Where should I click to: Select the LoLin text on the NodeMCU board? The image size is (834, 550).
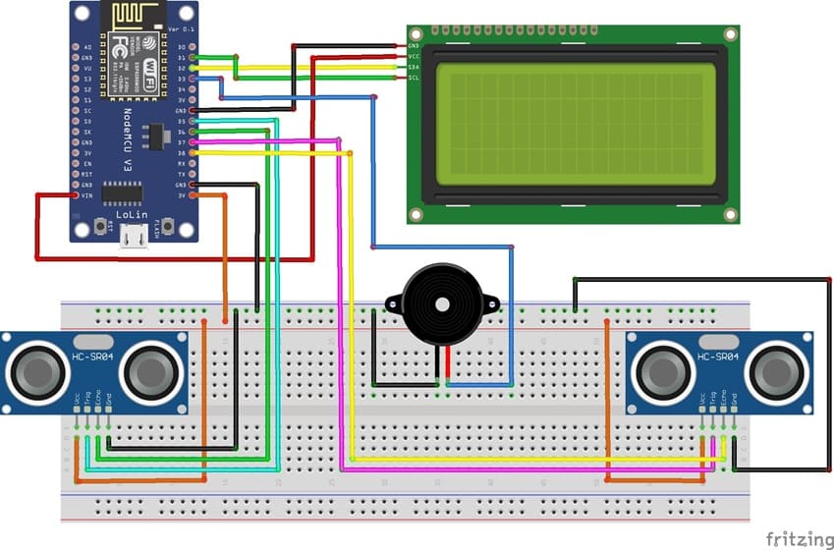(x=135, y=211)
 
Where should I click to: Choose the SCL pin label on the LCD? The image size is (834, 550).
(x=414, y=77)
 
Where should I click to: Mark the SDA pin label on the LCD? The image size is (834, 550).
(x=414, y=67)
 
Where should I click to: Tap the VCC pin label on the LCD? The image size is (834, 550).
(x=414, y=56)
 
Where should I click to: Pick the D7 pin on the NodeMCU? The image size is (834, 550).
(x=193, y=142)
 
